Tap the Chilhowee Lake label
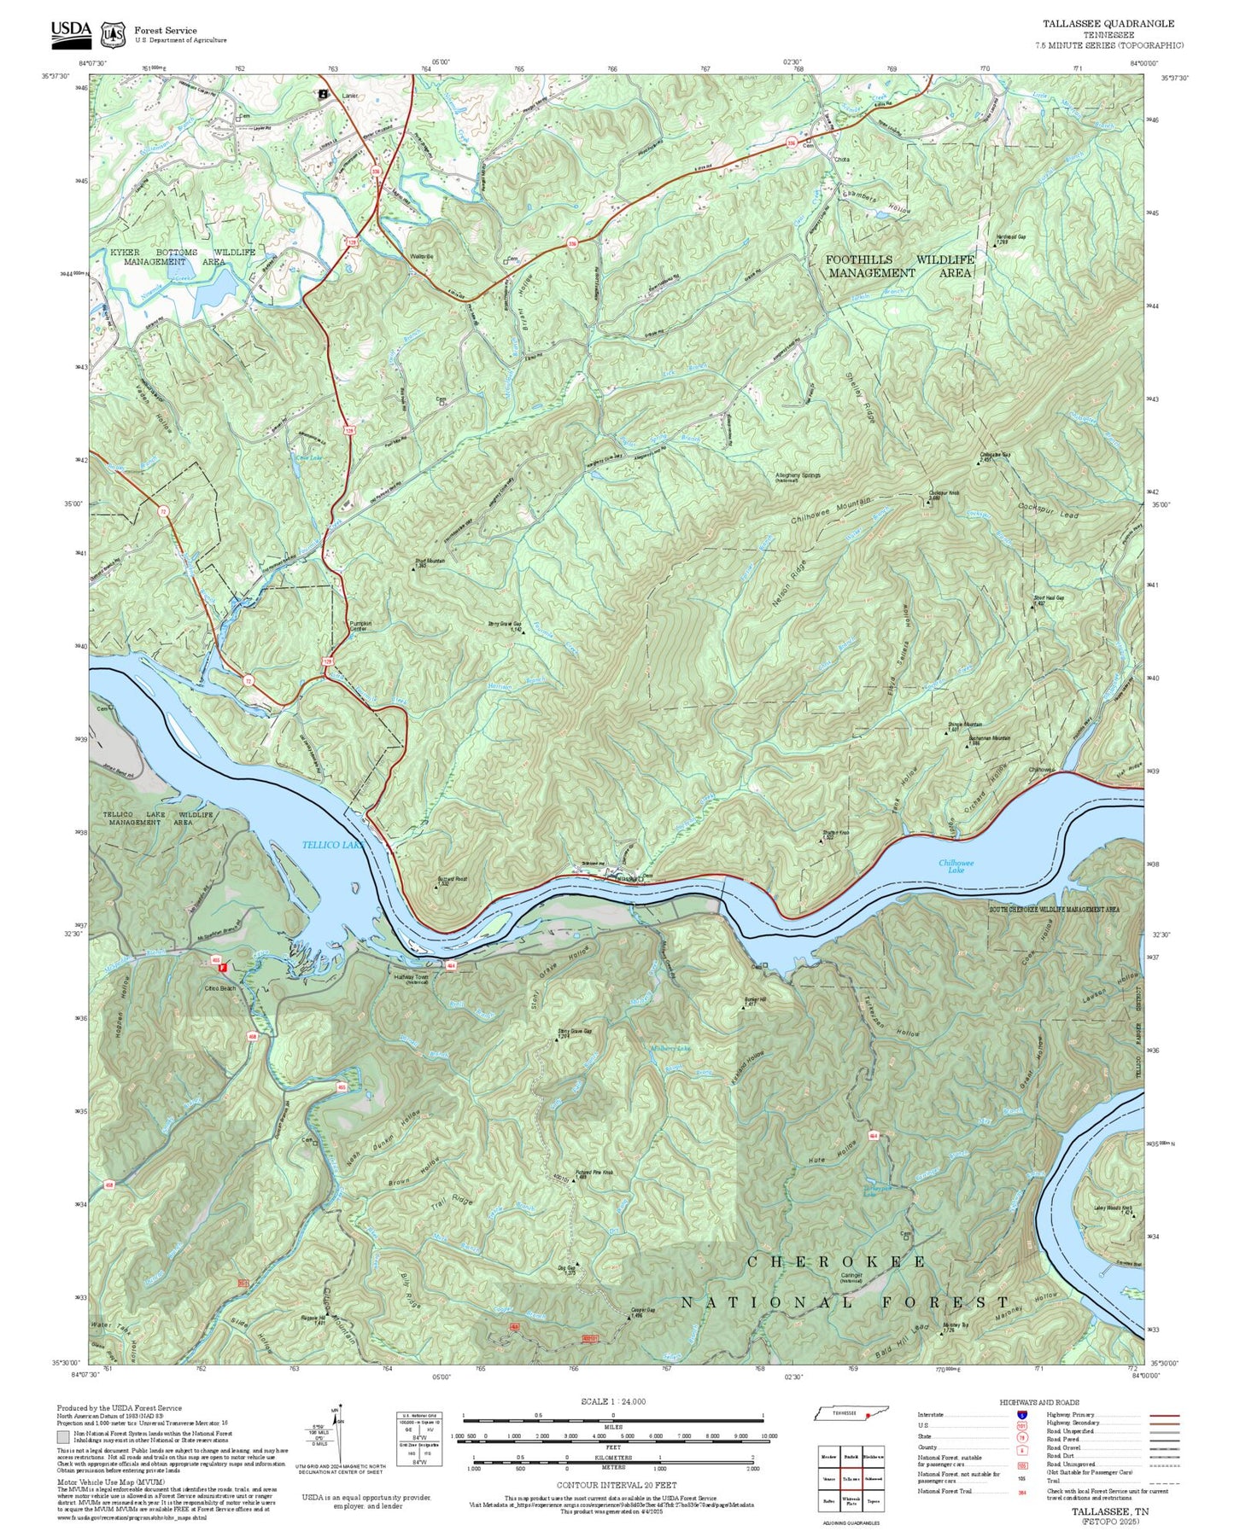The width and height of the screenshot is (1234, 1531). pos(956,866)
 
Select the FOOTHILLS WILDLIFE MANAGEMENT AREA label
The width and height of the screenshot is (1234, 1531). pos(899,265)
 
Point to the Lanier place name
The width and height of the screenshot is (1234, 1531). pos(349,96)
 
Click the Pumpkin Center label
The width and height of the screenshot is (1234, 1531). pos(360,626)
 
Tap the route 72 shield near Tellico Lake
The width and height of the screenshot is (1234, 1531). pos(249,680)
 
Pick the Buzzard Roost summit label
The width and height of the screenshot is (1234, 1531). pos(452,880)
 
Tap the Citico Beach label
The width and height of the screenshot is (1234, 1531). pos(219,988)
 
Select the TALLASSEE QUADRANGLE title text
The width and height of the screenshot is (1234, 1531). pos(1108,24)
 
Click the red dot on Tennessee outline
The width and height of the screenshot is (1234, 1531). pos(868,1415)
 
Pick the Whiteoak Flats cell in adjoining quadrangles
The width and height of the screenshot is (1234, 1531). pos(851,1501)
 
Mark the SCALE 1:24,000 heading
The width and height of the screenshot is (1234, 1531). pos(612,1401)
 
